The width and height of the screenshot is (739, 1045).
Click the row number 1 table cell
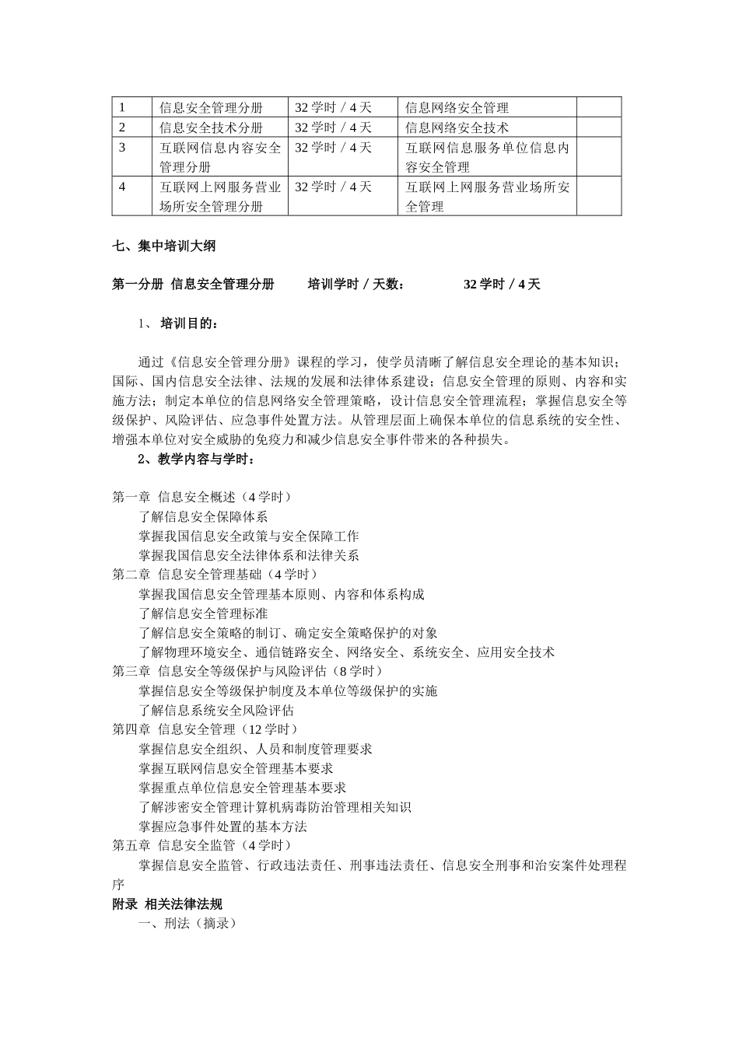tap(131, 107)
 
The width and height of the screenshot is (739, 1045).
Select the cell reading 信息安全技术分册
tap(211, 128)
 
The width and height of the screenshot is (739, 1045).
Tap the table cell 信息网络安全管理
tap(457, 107)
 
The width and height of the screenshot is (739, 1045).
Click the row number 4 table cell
tap(131, 196)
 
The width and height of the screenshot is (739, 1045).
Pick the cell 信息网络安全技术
tap(457, 128)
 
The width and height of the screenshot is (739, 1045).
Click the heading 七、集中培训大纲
tap(163, 246)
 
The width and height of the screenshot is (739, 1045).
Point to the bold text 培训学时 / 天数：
tap(356, 285)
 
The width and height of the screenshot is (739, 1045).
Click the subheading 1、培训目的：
tap(178, 323)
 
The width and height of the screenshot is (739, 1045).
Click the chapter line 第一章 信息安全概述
tap(202, 497)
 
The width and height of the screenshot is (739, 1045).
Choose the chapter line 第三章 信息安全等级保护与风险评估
tap(248, 671)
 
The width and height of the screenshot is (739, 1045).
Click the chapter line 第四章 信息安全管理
tap(205, 729)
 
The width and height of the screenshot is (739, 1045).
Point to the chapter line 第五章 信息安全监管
tap(202, 845)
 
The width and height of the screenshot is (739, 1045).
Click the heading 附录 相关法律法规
tap(167, 904)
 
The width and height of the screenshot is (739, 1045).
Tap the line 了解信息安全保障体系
tap(203, 517)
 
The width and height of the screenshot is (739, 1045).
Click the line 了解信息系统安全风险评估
tap(216, 710)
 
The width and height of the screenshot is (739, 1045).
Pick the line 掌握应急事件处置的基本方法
tap(222, 827)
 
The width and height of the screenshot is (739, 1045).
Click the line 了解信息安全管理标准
tap(203, 613)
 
